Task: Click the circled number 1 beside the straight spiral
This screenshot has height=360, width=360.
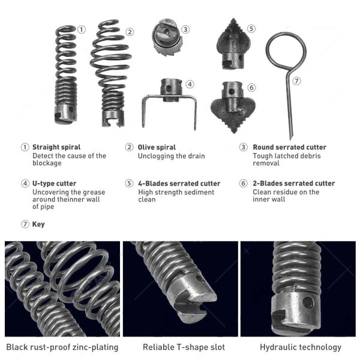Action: point(81,29)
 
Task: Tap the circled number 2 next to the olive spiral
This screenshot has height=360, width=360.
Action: point(130,32)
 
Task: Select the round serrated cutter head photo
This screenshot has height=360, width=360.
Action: point(167,37)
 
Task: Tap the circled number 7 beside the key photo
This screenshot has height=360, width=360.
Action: point(296,81)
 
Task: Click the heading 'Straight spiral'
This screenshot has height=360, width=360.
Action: point(56,147)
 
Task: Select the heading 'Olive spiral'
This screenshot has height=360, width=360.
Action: point(157,147)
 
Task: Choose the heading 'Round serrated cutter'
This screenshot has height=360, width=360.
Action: point(290,147)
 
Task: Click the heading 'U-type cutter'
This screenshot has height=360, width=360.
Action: point(54,184)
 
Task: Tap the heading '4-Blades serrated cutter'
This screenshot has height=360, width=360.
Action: point(179,184)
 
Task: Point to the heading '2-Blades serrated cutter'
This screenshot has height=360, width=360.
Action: point(294,183)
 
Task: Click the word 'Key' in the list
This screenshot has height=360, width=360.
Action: point(38,224)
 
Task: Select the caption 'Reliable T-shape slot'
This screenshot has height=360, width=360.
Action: point(184,347)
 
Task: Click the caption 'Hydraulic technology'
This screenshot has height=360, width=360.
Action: point(301,347)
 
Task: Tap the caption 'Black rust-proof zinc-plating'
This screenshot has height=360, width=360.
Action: point(62,347)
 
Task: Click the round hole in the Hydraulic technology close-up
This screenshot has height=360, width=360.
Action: point(308,302)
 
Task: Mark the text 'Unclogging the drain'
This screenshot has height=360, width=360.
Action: point(171,156)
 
